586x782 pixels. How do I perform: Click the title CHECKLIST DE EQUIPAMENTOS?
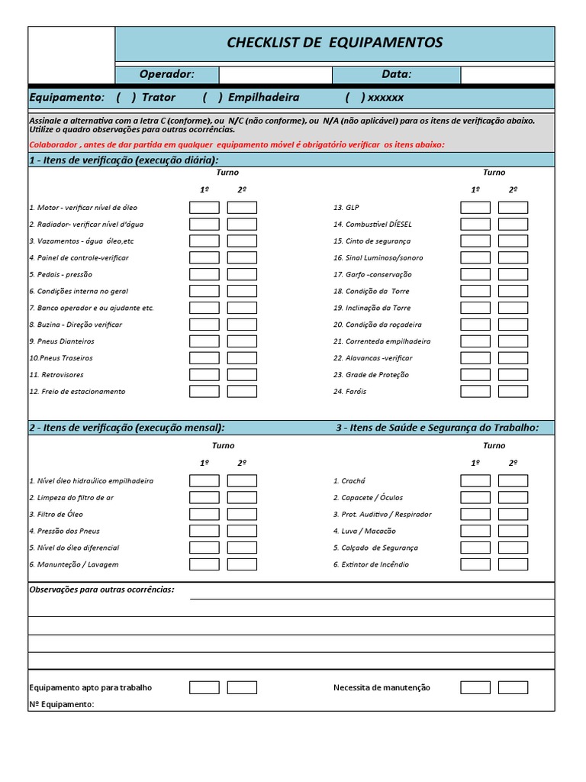[334, 43]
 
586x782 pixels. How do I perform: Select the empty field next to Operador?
[275, 75]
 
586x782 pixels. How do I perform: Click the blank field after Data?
[507, 75]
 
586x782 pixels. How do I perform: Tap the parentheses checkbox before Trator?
[127, 98]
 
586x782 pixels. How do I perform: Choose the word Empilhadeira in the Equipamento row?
[263, 98]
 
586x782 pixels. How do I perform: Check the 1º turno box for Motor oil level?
[204, 208]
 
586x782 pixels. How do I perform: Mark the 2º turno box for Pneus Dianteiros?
[242, 341]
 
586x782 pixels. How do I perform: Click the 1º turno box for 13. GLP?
[475, 208]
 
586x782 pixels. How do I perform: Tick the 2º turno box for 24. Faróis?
[513, 392]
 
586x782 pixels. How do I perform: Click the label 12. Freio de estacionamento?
[77, 392]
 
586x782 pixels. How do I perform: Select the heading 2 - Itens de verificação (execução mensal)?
[127, 428]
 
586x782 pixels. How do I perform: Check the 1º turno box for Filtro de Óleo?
[204, 515]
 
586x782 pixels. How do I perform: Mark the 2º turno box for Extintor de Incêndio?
[513, 564]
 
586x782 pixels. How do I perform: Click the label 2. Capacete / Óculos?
[369, 498]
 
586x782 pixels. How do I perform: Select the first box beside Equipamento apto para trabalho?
[204, 687]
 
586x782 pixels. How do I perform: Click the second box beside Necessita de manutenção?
[513, 687]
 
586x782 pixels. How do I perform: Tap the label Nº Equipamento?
[62, 704]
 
